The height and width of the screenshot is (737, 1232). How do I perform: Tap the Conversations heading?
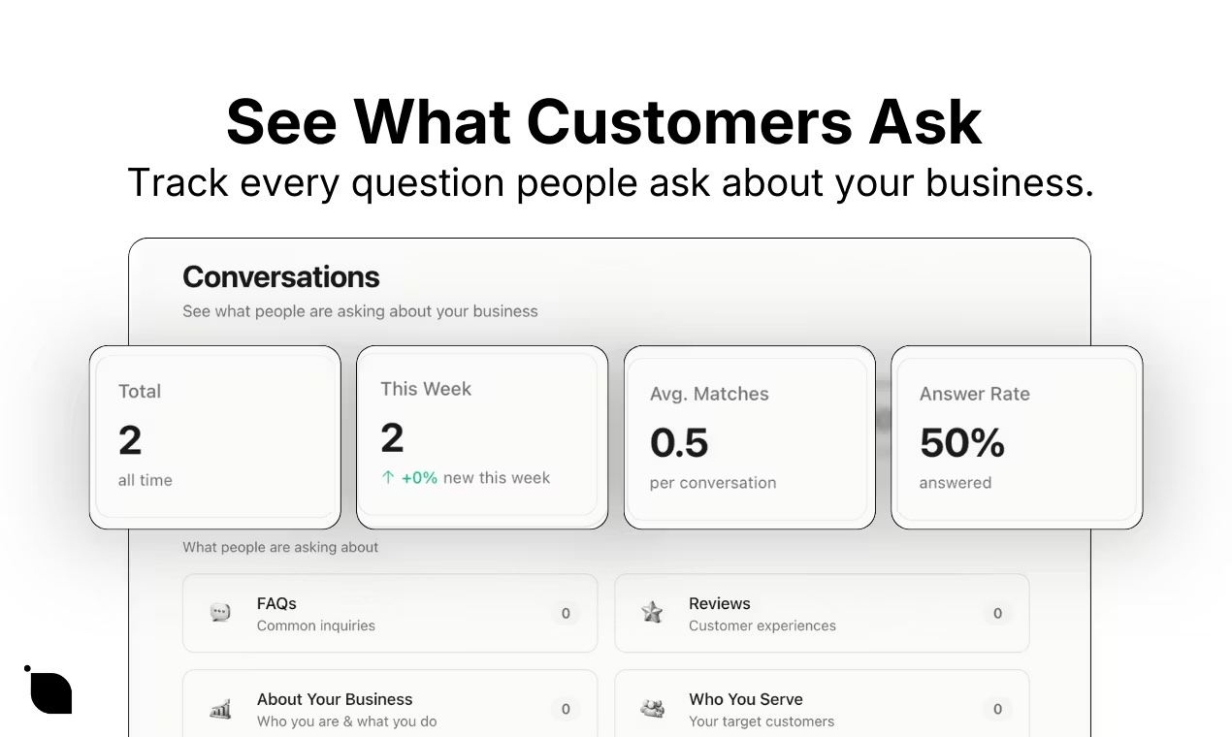point(281,276)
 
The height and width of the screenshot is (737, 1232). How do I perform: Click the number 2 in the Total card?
point(130,440)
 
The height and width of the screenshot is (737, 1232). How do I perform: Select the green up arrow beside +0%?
point(388,477)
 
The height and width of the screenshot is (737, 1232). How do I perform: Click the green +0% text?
point(419,477)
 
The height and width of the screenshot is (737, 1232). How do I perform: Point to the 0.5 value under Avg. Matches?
point(679,443)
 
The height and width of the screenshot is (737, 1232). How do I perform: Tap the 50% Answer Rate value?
point(962,443)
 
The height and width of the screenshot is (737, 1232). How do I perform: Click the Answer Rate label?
point(975,394)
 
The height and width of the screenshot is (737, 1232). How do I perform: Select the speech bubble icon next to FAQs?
point(220,612)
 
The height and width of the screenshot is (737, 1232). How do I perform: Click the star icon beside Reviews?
point(652,612)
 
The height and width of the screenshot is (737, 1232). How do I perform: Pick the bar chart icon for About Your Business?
point(220,709)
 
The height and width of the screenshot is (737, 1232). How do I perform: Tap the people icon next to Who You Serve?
point(652,709)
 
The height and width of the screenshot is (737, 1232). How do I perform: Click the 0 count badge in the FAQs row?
point(566,613)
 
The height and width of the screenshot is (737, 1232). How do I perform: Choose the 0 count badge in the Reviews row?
point(997,613)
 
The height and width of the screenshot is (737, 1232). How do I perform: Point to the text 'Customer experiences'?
point(762,625)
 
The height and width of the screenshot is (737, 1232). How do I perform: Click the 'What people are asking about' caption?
point(280,547)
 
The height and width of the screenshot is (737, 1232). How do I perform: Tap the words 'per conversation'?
point(713,483)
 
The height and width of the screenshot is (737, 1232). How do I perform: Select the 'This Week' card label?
point(426,389)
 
